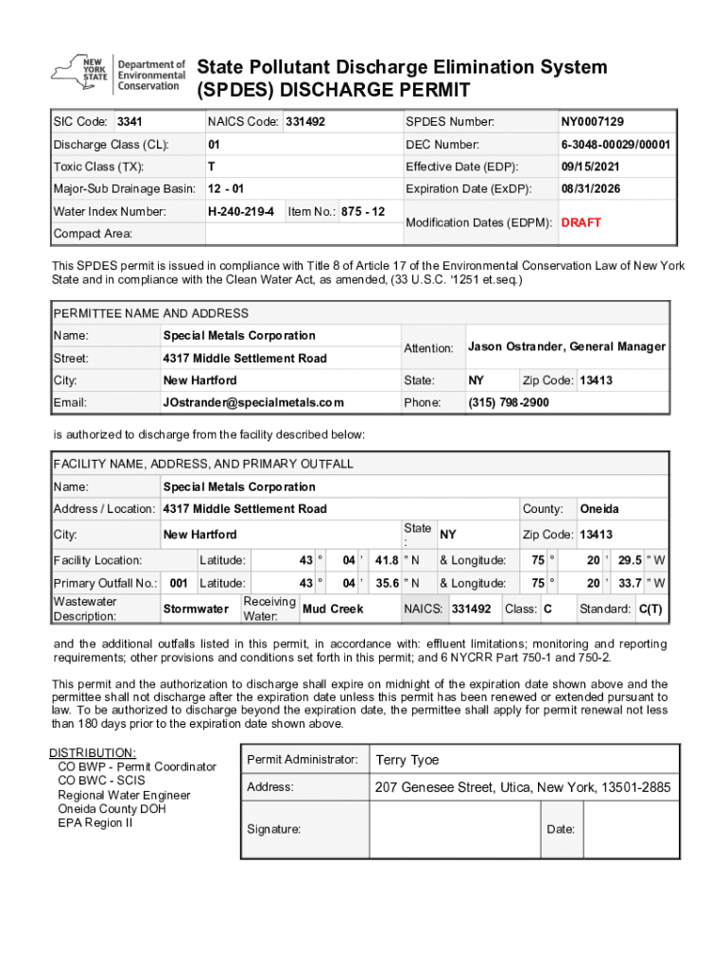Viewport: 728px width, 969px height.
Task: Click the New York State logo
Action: click(118, 73)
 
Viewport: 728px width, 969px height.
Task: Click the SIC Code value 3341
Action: click(129, 122)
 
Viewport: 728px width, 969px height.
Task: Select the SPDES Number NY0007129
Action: click(592, 122)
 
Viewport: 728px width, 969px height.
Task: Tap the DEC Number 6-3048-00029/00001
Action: click(615, 145)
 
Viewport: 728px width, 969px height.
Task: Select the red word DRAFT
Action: click(581, 222)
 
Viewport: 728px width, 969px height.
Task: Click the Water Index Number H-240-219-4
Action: click(241, 211)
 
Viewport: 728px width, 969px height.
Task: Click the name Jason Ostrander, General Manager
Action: click(566, 347)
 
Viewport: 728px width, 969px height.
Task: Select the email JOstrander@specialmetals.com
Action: click(253, 402)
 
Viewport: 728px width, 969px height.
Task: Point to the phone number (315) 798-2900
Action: click(508, 402)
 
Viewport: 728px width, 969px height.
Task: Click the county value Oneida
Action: click(598, 509)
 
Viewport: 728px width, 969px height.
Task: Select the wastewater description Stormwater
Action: click(196, 608)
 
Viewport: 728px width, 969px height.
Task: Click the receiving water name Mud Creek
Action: click(332, 608)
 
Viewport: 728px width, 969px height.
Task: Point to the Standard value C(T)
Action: click(650, 608)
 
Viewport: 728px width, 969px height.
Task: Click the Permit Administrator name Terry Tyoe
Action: click(407, 760)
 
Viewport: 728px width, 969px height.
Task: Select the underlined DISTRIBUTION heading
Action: click(93, 752)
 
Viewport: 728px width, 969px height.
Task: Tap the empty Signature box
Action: click(454, 829)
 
